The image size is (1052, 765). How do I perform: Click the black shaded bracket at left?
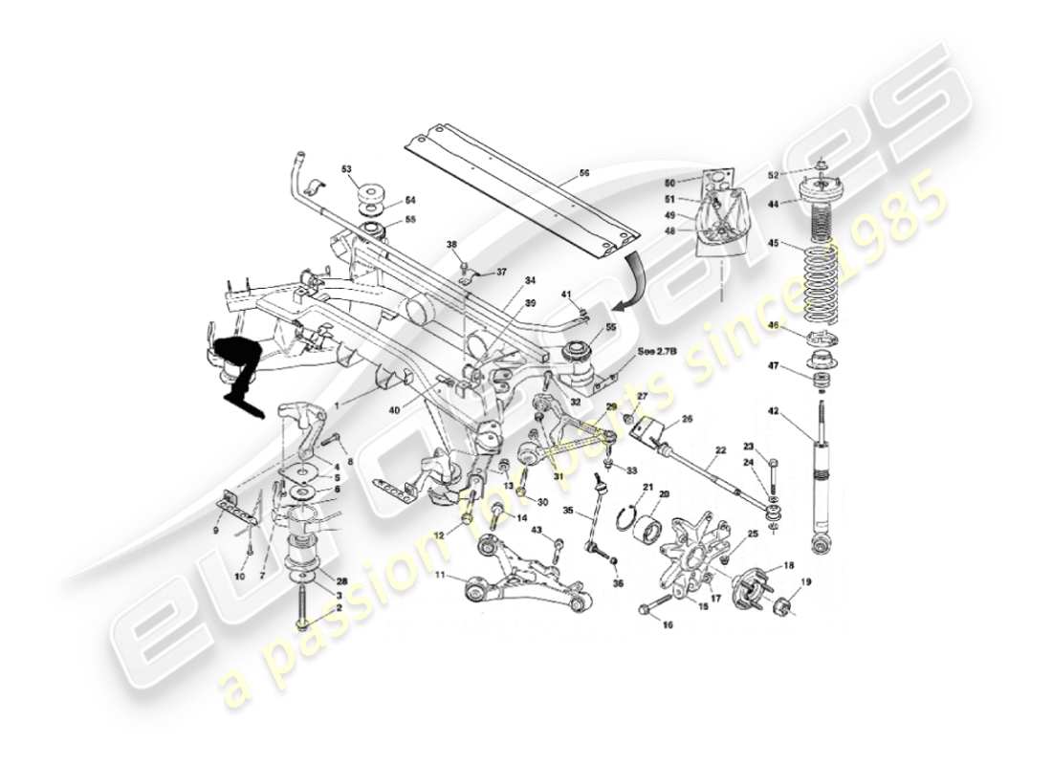tap(235, 368)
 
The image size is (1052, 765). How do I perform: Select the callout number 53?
tap(346, 169)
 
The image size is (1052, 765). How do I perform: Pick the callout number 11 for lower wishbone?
tap(440, 577)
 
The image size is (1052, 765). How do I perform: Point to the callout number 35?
tap(567, 512)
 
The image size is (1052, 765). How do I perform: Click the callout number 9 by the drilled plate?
tap(215, 530)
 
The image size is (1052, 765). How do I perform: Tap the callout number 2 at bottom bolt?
tap(338, 608)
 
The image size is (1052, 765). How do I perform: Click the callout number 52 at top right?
tap(773, 175)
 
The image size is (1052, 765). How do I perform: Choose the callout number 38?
tap(451, 245)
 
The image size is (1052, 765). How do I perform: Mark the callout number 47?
tap(773, 366)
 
